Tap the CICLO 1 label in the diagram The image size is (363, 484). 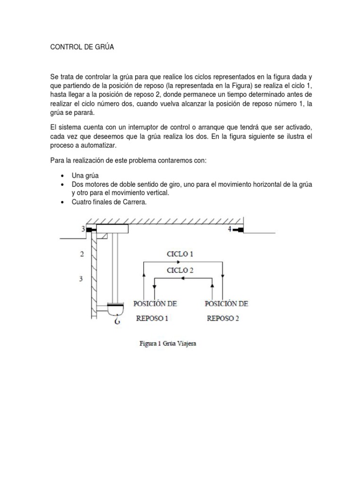tap(180, 254)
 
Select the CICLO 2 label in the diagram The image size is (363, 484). tap(180, 270)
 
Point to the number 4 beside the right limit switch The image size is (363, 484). tap(230, 230)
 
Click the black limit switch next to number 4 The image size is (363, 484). tap(239, 230)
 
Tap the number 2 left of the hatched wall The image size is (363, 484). tap(82, 254)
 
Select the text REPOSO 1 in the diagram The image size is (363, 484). tap(152, 318)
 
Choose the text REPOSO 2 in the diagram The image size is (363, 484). tap(223, 318)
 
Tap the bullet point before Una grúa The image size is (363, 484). tap(63, 175)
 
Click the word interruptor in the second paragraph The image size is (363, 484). tap(140, 128)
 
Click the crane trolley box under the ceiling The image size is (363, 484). tap(112, 229)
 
